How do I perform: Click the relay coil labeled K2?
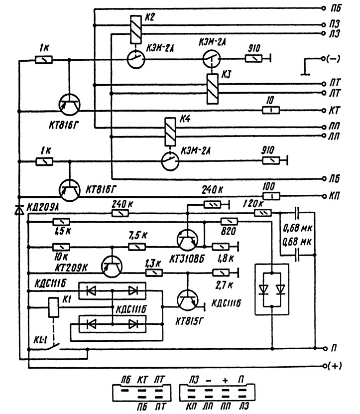pyautogui.click(x=133, y=29)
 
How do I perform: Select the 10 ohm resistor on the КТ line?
pyautogui.click(x=270, y=110)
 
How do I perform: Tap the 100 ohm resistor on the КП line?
pyautogui.click(x=270, y=195)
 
